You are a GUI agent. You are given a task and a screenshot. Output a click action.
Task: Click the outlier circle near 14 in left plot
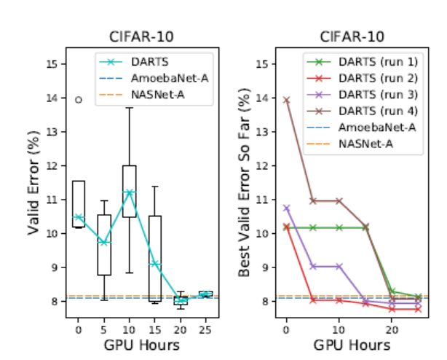tap(79, 100)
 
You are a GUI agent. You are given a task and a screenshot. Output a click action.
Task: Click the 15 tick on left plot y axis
tap(52, 64)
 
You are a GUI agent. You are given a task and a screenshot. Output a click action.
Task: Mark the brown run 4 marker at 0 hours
tap(286, 100)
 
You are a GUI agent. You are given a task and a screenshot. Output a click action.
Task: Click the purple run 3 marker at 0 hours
tap(286, 208)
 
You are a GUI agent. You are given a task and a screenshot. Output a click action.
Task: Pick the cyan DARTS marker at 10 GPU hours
tap(130, 193)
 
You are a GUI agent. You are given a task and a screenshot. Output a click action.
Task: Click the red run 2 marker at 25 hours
tap(418, 309)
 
